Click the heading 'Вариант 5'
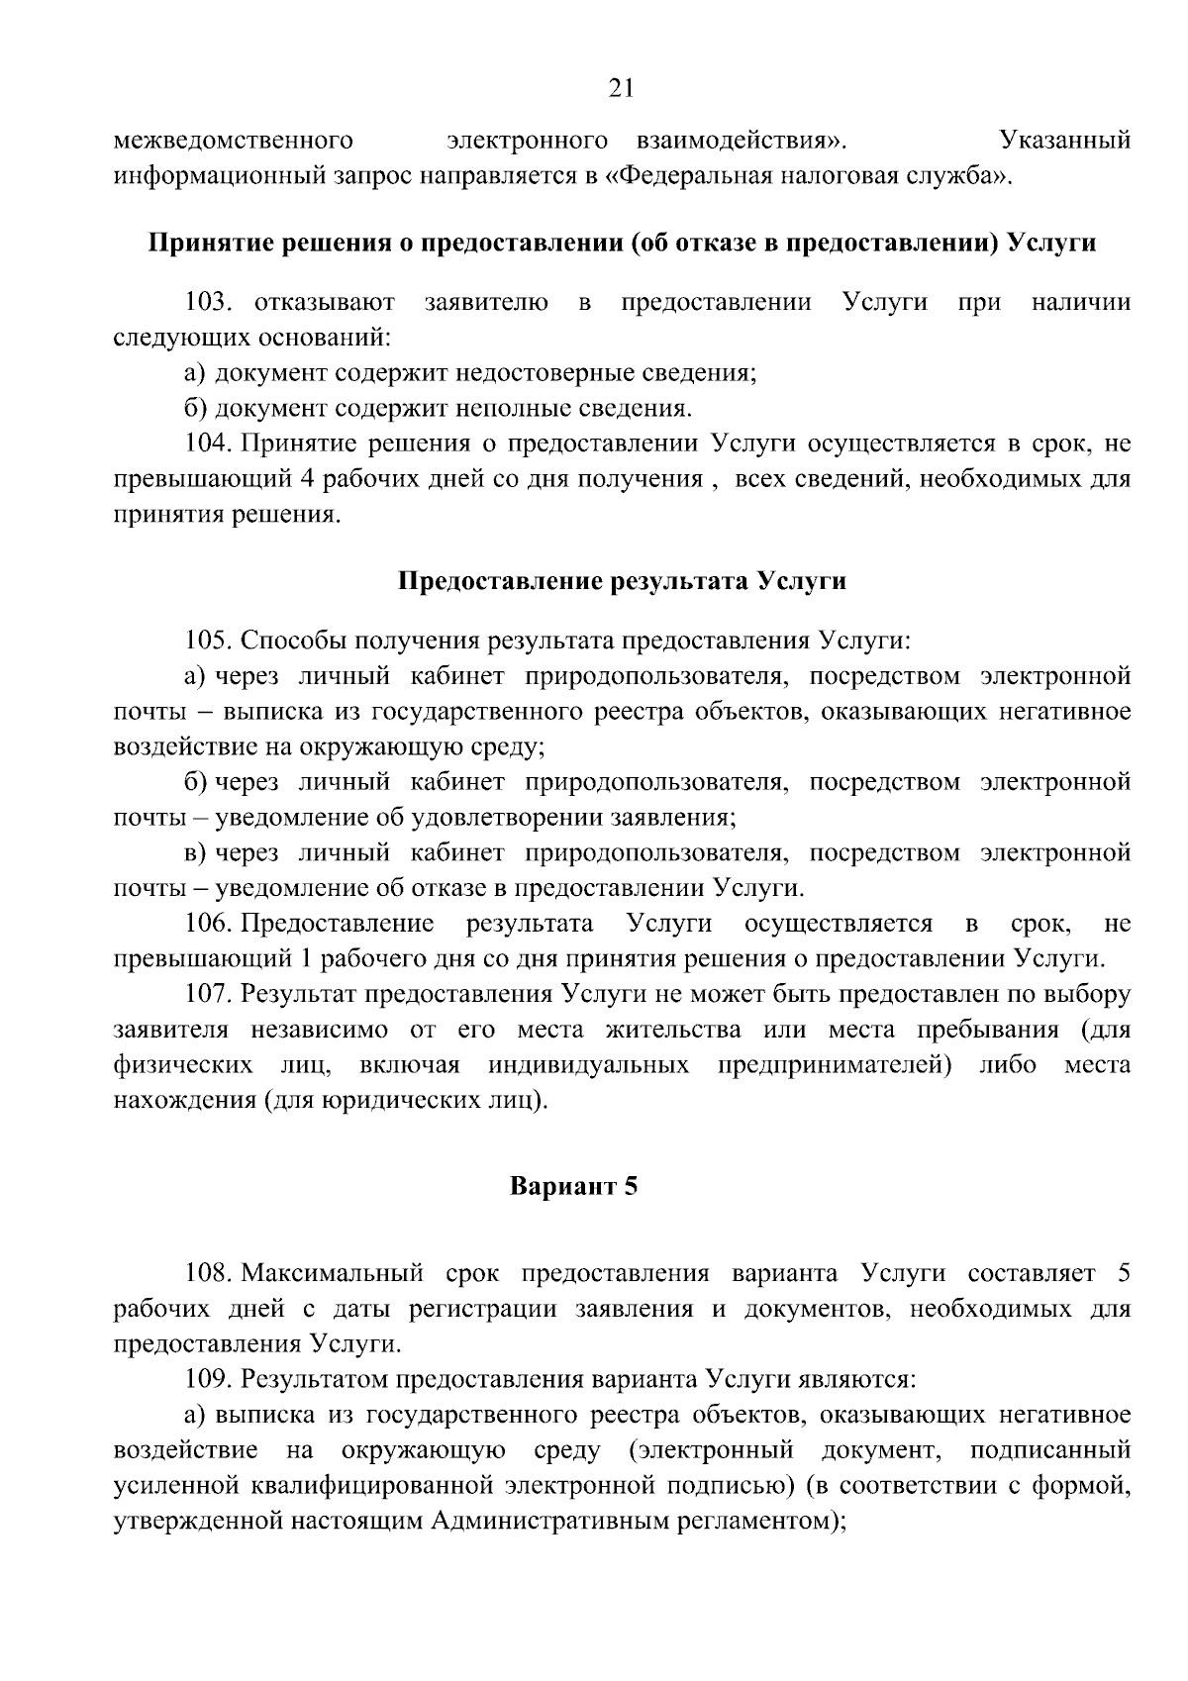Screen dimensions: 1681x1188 point(573,1185)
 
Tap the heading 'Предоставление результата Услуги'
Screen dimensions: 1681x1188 point(621,580)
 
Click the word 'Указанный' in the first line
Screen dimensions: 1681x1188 point(1065,141)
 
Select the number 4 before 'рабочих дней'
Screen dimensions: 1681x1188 point(306,479)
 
